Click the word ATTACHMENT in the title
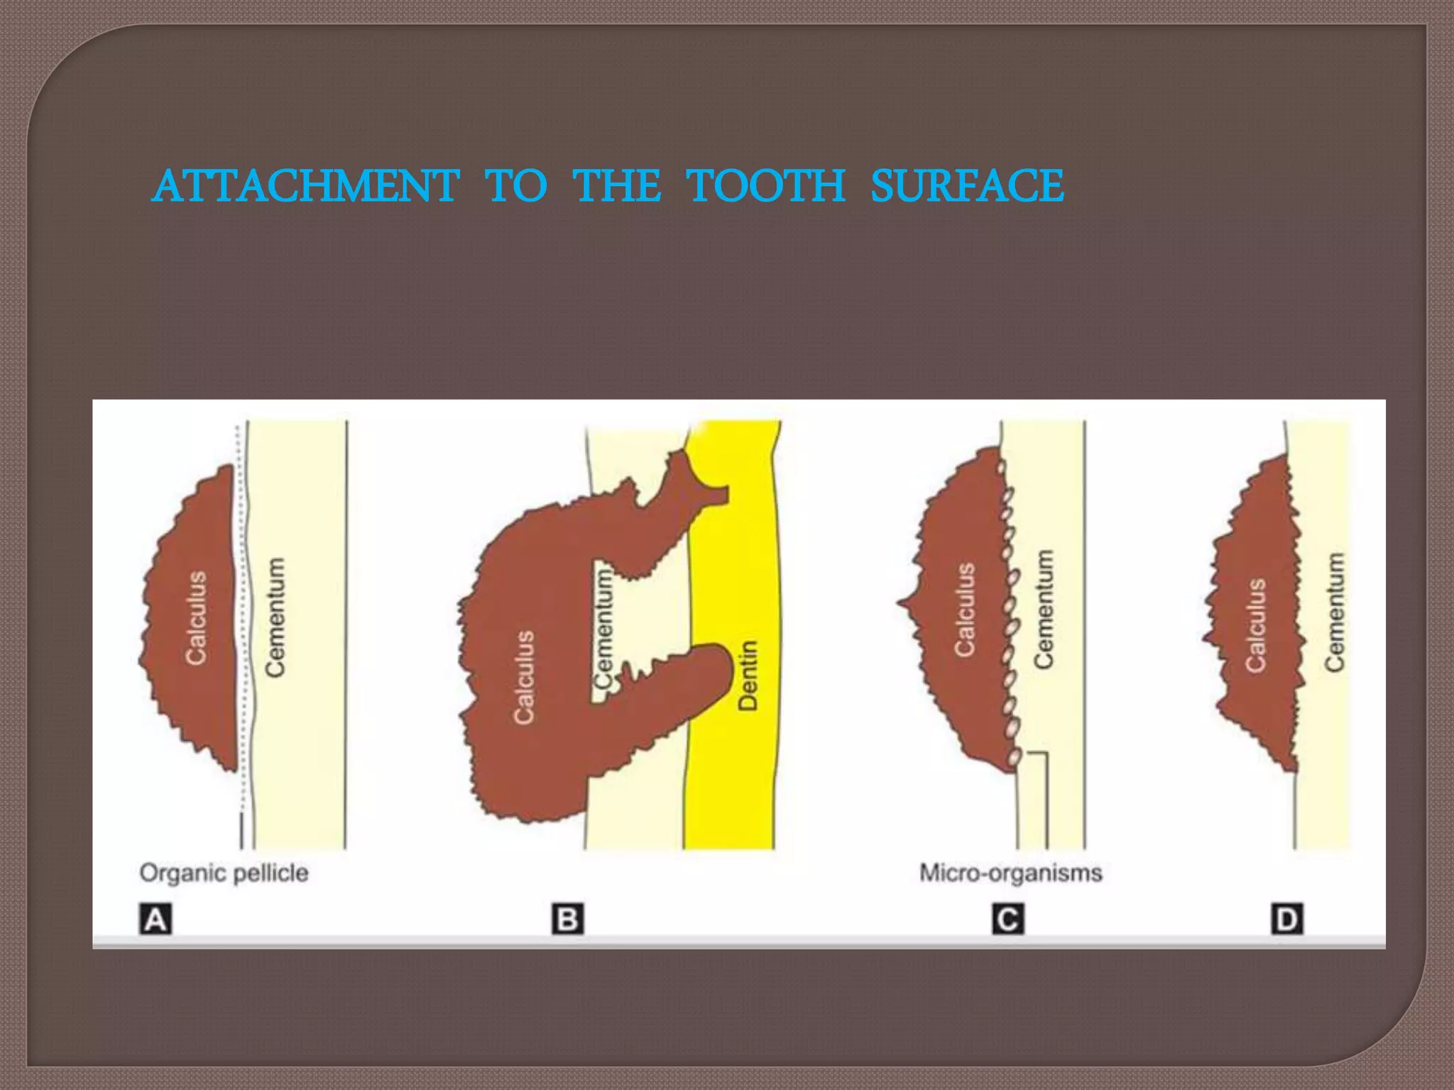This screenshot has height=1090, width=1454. (305, 187)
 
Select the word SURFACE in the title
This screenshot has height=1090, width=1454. (967, 187)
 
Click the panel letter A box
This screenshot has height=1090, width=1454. (155, 920)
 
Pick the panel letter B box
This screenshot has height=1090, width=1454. (567, 920)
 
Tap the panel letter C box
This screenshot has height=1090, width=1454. (1007, 920)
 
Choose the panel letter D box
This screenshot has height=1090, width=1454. (1286, 920)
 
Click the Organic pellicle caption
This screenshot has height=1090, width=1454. (224, 873)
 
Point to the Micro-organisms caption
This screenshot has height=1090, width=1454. (1010, 873)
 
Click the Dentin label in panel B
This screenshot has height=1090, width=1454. (748, 675)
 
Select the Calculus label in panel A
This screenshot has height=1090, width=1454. (196, 617)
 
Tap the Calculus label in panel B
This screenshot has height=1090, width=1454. (524, 677)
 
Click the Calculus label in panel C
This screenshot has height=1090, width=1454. (964, 609)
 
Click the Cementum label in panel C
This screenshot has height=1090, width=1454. (1043, 609)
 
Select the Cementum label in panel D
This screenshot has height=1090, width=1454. (1335, 612)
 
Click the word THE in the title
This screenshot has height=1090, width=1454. (616, 187)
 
